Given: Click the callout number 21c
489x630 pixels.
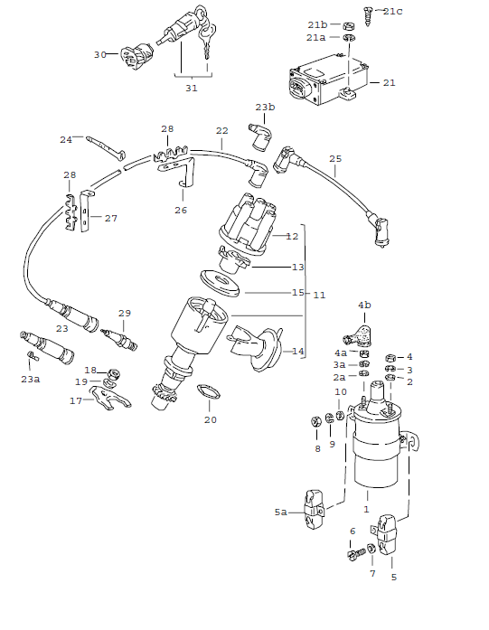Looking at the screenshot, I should (393, 11).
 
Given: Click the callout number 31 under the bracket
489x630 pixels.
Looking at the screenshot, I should (191, 88).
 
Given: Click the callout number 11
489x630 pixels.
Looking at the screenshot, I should (318, 295).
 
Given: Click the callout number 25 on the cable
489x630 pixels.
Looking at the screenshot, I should (335, 160).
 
